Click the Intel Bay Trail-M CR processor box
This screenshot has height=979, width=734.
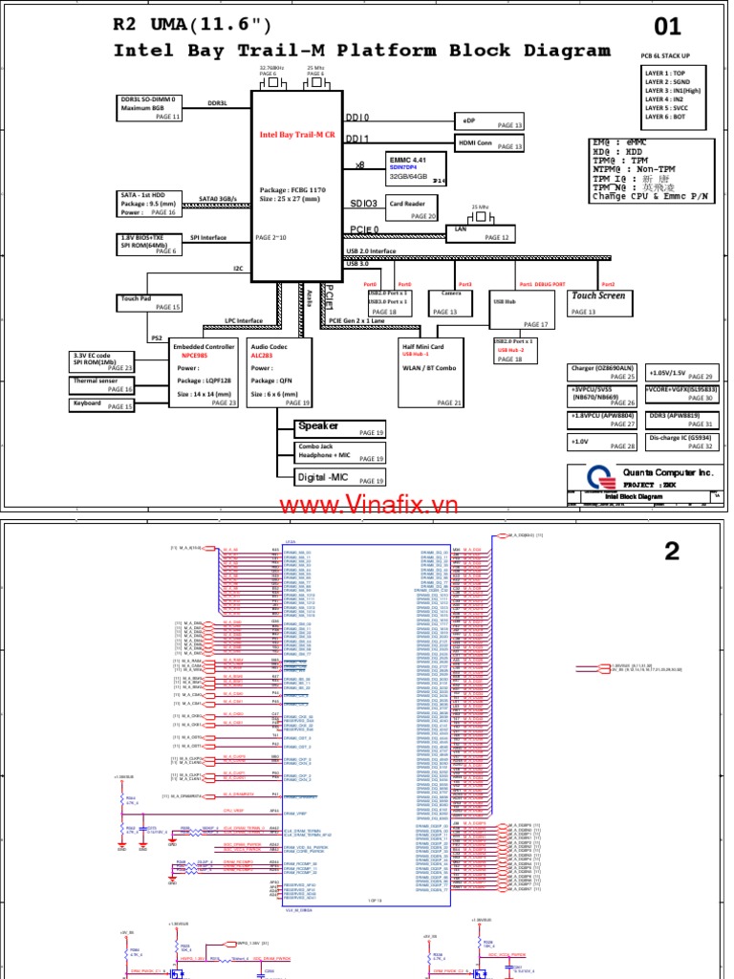click(x=295, y=182)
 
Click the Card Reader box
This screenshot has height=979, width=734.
click(x=411, y=208)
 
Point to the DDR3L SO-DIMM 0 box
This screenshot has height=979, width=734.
click(x=148, y=106)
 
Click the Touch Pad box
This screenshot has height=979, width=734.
click(x=148, y=302)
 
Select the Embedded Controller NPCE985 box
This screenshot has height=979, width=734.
click(x=203, y=373)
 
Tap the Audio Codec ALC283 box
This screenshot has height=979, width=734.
click(x=278, y=373)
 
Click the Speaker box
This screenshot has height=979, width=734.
click(x=340, y=428)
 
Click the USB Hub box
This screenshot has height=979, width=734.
click(x=522, y=312)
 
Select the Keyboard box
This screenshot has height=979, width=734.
click(x=102, y=405)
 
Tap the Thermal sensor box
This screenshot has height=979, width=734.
click(x=102, y=384)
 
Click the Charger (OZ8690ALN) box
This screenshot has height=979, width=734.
click(x=602, y=373)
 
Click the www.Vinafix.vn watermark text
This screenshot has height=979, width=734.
click(x=369, y=504)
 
